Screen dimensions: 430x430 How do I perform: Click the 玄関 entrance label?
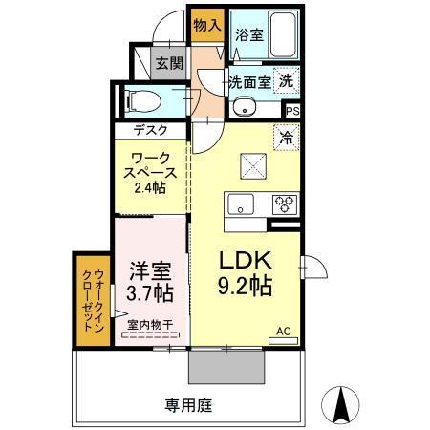tap(170, 64)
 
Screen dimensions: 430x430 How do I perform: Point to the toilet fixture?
tap(135, 98)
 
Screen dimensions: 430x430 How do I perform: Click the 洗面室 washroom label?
tap(248, 82)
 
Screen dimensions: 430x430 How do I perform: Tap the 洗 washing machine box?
tap(286, 82)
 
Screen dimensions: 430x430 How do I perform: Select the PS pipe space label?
tap(291, 110)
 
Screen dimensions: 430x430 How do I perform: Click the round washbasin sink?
tap(243, 107)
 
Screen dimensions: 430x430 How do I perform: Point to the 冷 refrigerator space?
tap(286, 138)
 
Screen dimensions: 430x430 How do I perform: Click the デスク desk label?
tap(150, 131)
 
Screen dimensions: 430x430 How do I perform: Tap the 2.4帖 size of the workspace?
tap(149, 188)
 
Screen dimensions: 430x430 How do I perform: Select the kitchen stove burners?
tap(285, 202)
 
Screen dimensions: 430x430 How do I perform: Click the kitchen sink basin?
tap(238, 203)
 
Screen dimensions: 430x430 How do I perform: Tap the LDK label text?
tap(248, 261)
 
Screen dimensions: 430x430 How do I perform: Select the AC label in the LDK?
tap(283, 332)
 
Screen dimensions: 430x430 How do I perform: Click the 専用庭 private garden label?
tap(186, 405)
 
